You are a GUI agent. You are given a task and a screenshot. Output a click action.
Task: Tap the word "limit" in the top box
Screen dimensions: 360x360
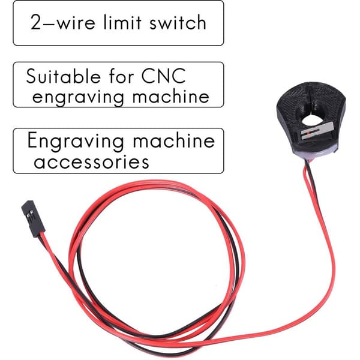(x=122, y=22)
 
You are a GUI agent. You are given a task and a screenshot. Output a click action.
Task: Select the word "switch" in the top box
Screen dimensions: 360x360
(x=178, y=22)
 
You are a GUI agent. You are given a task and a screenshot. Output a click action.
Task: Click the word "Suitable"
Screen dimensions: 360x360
(x=64, y=76)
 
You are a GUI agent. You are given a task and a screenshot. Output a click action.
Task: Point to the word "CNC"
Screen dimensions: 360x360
(x=163, y=76)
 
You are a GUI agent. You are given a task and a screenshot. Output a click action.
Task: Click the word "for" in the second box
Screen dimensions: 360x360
(x=121, y=76)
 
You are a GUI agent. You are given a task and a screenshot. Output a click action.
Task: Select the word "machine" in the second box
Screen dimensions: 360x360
(x=171, y=96)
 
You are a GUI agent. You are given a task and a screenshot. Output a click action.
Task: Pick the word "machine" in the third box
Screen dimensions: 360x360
(x=174, y=140)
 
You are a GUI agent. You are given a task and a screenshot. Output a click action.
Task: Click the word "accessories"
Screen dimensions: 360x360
(x=91, y=162)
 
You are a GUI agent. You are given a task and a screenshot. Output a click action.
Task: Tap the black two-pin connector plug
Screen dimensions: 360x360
(x=33, y=218)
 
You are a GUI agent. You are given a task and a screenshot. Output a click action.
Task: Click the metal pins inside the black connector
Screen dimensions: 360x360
(x=30, y=216)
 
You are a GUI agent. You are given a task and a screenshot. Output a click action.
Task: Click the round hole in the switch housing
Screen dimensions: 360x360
(x=311, y=119)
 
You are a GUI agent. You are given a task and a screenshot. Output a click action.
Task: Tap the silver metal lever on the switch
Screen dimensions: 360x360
(x=317, y=131)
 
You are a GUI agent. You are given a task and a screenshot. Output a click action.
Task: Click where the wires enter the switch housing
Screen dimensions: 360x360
(x=307, y=161)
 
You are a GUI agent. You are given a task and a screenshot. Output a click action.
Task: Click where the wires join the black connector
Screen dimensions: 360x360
(x=41, y=235)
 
